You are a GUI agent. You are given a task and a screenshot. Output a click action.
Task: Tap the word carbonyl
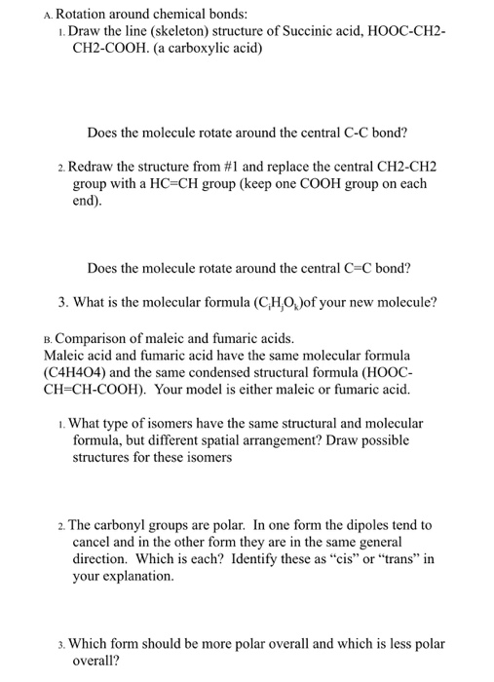pyautogui.click(x=124, y=524)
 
